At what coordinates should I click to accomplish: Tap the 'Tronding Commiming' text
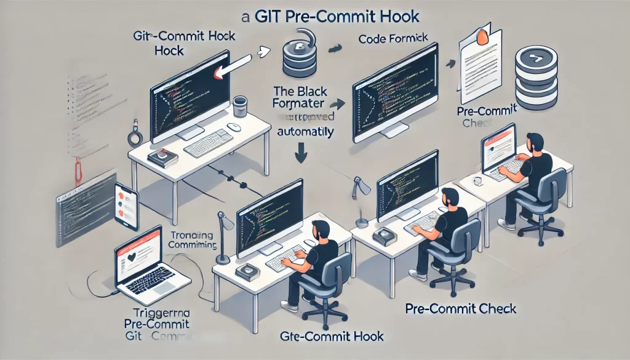(x=192, y=241)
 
